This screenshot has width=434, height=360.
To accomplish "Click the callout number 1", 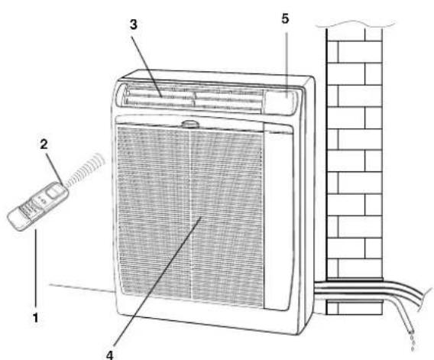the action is coord(35,318).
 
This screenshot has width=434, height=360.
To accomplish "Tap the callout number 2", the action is coord(44,144).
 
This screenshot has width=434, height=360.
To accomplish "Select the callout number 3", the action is coord(134,24).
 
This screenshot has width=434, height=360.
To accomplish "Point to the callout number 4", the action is coord(110,355).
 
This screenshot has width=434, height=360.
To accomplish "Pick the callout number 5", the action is coord(285,19).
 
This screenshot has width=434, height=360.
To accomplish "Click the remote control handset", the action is coord(37,206).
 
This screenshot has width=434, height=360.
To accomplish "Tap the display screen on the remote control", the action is coord(54,191).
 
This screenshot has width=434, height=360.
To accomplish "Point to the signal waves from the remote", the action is coord(86,169).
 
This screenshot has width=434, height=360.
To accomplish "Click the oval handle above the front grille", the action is coord(190,124).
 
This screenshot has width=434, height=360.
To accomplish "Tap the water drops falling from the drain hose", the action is coord(413,342).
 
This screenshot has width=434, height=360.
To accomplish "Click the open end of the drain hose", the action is coord(410,331).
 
